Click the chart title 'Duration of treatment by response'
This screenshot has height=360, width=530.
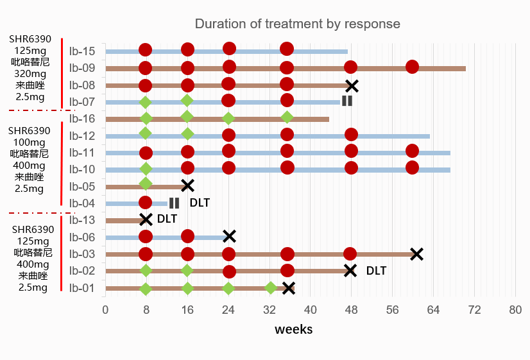[297, 24]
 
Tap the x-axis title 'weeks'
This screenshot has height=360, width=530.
[294, 329]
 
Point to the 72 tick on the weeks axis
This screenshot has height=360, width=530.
[474, 310]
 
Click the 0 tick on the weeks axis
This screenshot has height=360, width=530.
[105, 310]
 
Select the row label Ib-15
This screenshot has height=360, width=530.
[82, 51]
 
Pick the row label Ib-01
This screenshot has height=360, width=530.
[82, 287]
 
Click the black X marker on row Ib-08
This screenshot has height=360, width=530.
[352, 85]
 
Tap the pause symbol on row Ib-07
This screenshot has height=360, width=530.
[347, 101]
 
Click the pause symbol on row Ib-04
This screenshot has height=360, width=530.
[175, 203]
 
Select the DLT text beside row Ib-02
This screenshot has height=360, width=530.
[376, 271]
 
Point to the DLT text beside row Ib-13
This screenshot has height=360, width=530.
[167, 219]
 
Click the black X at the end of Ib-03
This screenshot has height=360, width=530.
[417, 254]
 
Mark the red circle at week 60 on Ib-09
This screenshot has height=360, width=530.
[413, 67]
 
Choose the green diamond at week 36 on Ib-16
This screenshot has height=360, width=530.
[287, 117]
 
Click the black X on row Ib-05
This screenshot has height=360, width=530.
[187, 185]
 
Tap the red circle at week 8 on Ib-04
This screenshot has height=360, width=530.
[146, 203]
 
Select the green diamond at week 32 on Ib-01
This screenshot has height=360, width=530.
[271, 287]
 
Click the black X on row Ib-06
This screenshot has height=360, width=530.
[229, 236]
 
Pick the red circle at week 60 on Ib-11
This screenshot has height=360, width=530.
[413, 151]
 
